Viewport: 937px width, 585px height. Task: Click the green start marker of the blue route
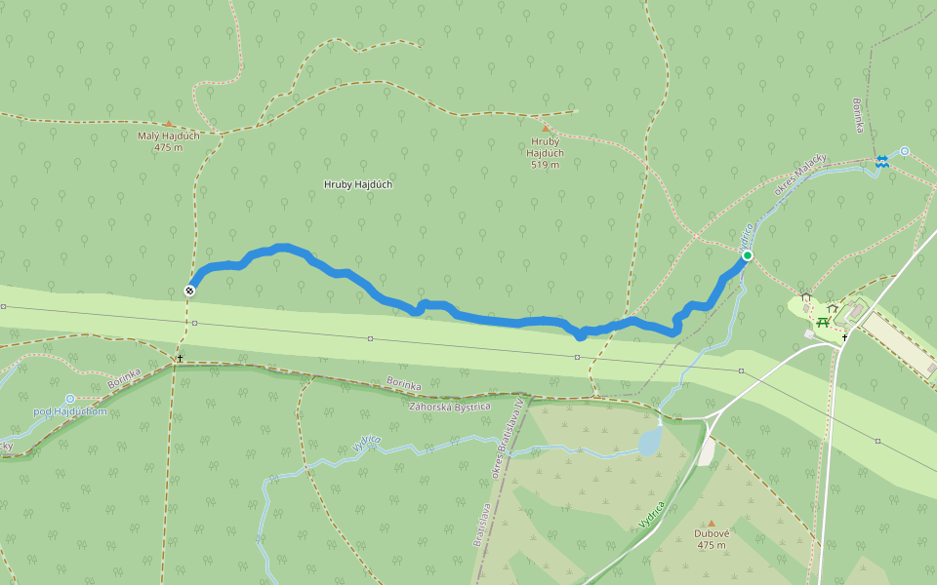pyautogui.click(x=748, y=255)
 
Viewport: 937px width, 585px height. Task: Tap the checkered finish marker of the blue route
pyautogui.click(x=189, y=290)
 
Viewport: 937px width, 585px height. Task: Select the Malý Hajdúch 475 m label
pyautogui.click(x=168, y=141)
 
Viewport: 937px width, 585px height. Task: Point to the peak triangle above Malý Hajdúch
pyautogui.click(x=168, y=124)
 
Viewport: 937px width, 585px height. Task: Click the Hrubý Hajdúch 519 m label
pyautogui.click(x=545, y=152)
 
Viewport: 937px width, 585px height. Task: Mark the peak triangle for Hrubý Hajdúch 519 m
pyautogui.click(x=545, y=128)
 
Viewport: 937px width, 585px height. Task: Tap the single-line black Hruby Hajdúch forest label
pyautogui.click(x=358, y=184)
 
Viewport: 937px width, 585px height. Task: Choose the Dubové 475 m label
pyautogui.click(x=711, y=539)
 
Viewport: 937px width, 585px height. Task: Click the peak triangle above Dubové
pyautogui.click(x=711, y=523)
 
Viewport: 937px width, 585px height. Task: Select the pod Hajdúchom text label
pyautogui.click(x=69, y=411)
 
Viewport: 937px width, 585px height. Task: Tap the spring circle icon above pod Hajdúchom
pyautogui.click(x=70, y=399)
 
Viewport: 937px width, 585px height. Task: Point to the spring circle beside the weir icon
pyautogui.click(x=905, y=151)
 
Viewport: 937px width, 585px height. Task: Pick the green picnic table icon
pyautogui.click(x=823, y=322)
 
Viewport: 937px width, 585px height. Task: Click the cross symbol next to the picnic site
pyautogui.click(x=844, y=336)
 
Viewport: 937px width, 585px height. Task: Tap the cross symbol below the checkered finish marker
pyautogui.click(x=180, y=358)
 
